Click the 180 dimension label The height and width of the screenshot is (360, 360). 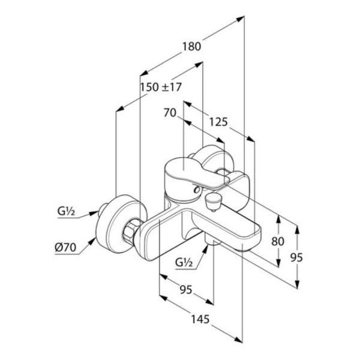[x=191, y=47]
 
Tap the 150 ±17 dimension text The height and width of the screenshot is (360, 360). [x=161, y=87]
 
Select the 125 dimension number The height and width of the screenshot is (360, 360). [x=218, y=122]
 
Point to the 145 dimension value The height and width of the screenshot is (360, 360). [x=200, y=319]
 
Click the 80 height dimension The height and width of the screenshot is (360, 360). [x=278, y=241]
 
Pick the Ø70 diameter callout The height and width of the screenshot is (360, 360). [x=65, y=247]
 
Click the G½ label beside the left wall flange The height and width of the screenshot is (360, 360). [x=67, y=211]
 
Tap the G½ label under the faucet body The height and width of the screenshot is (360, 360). [x=184, y=262]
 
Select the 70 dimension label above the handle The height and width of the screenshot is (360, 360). [x=170, y=113]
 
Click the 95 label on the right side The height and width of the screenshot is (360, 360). [x=296, y=257]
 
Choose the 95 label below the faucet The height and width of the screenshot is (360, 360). [x=186, y=290]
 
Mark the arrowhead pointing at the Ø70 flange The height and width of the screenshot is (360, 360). [x=92, y=241]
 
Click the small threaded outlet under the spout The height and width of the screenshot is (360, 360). [x=213, y=242]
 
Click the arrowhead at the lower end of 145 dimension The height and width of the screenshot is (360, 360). [x=238, y=340]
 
